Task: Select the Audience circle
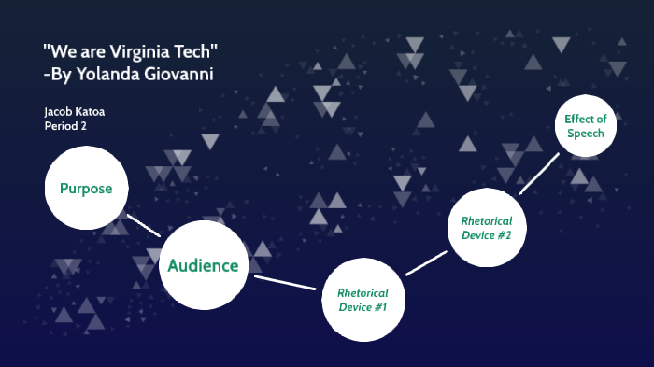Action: click(204, 265)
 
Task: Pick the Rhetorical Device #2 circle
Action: click(486, 228)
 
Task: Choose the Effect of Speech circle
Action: click(586, 126)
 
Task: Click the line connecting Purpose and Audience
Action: click(144, 225)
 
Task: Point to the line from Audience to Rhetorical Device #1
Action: click(285, 282)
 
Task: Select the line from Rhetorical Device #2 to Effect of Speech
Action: click(540, 172)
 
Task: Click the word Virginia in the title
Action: click(133, 51)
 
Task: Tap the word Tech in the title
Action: click(197, 51)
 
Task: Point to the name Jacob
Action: click(58, 112)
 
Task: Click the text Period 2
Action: click(65, 126)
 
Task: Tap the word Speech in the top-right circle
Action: click(586, 134)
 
